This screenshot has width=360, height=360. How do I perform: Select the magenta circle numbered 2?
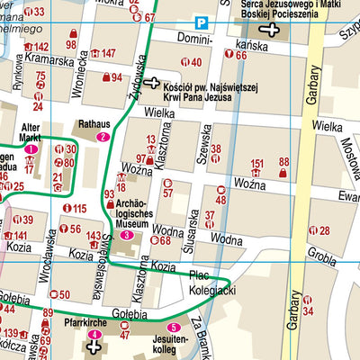tap(103, 138)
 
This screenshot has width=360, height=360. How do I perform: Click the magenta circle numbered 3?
tap(126, 235)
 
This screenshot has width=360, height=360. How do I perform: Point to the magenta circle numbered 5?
tap(174, 328)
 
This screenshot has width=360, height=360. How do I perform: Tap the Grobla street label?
tap(321, 253)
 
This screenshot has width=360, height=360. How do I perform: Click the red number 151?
tap(257, 163)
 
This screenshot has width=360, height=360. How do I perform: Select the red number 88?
tap(284, 162)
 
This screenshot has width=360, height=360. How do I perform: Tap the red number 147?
tap(108, 53)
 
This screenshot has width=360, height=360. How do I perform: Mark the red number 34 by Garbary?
tap(308, 310)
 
